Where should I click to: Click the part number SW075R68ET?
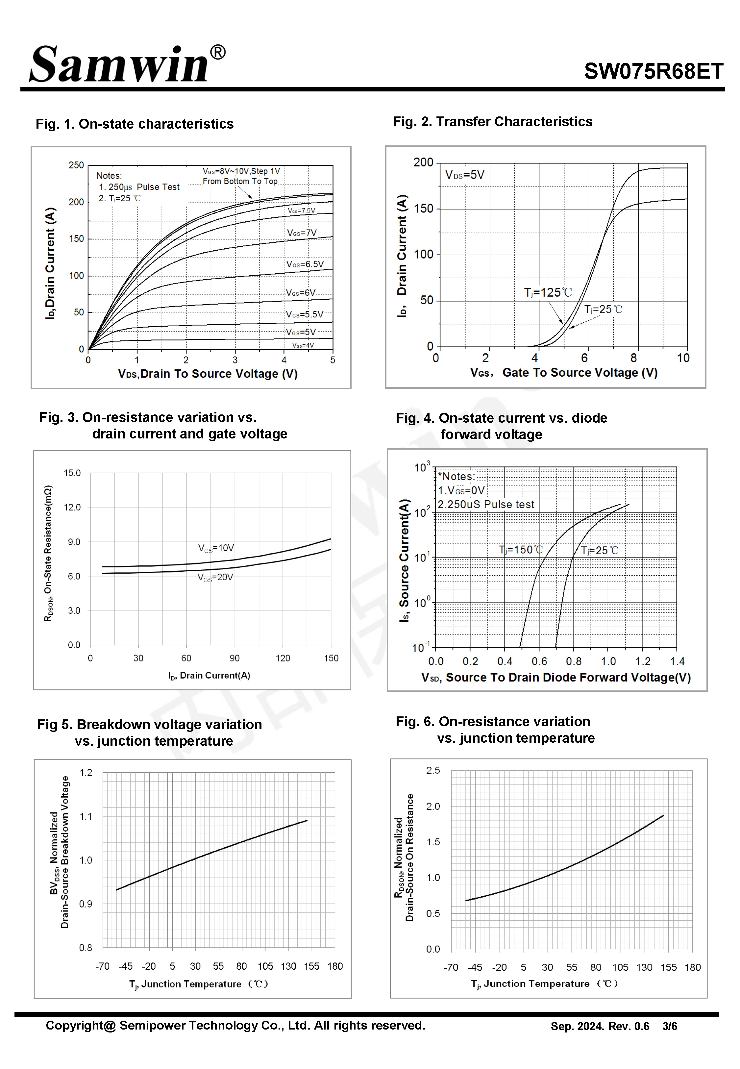click(x=653, y=71)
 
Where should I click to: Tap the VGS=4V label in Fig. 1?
click(x=303, y=345)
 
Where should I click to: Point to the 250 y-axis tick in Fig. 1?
click(x=76, y=165)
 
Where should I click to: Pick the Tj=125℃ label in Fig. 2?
click(x=548, y=292)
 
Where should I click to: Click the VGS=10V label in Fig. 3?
click(x=216, y=548)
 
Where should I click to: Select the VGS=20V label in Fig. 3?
click(x=215, y=577)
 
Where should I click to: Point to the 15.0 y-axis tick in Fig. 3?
click(x=72, y=473)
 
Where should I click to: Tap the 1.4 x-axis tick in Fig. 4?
click(x=677, y=661)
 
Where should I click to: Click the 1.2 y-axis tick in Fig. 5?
click(x=86, y=772)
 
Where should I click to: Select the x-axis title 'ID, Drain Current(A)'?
click(x=209, y=675)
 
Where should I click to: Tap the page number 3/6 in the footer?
click(x=670, y=1026)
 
